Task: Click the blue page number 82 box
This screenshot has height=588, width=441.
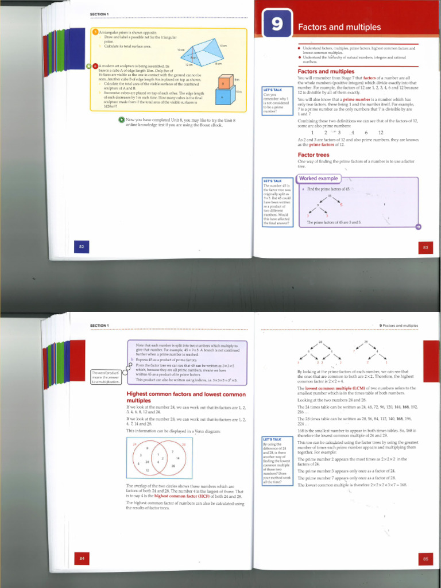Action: (82, 247)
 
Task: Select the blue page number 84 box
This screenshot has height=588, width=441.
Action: (82, 558)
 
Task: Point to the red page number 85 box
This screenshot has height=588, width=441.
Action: (425, 558)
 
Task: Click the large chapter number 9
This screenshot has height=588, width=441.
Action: (277, 26)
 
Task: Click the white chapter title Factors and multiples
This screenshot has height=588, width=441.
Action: (339, 27)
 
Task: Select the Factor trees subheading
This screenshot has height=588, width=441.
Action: (314, 155)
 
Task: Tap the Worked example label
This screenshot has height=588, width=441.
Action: (319, 179)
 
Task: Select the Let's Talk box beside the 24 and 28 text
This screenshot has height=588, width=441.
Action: (277, 461)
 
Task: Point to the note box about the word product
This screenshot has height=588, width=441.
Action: (106, 377)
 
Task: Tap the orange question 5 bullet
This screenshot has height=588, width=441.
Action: (96, 32)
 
